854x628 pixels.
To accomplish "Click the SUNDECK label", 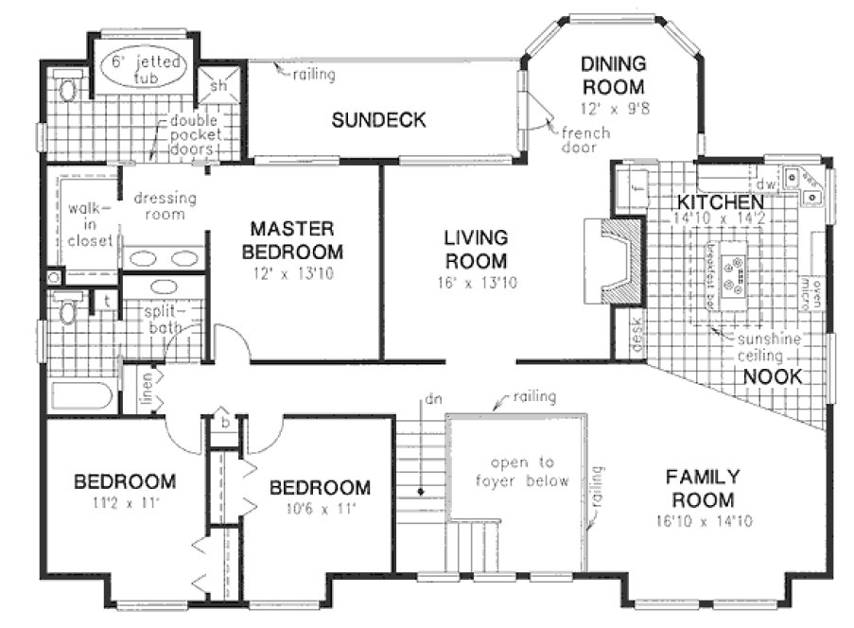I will point(378,120).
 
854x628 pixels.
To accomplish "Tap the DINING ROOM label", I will point(613,76).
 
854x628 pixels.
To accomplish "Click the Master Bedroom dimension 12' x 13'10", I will point(292,274).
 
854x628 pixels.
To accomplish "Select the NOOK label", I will point(772,377).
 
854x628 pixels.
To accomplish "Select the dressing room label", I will point(165,206).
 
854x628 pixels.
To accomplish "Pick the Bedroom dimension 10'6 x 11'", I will point(319,508).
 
